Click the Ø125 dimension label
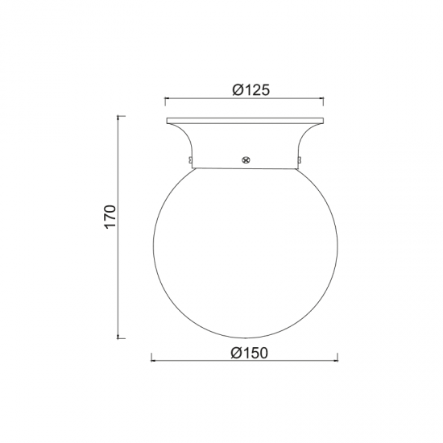pos(251,90)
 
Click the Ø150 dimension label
pos(249,353)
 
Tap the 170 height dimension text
pos(110,217)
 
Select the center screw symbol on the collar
pos(246,160)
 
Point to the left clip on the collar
pos(190,160)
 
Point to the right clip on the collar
pos(299,160)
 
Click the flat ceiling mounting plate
pos(245,121)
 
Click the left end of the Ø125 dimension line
pos(165,98)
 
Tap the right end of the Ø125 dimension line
pos(323,98)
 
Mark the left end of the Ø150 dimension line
pos(151,361)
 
